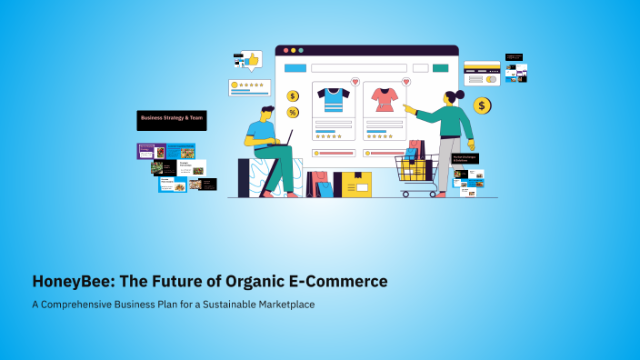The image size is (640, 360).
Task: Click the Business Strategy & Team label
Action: click(x=171, y=119)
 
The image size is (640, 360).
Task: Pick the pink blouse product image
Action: click(x=383, y=98)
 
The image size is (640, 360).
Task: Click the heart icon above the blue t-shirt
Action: click(x=355, y=82)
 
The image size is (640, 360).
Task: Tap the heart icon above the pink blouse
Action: click(x=405, y=82)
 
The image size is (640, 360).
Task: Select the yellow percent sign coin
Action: click(x=293, y=113)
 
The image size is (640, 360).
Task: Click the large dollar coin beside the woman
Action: click(x=482, y=106)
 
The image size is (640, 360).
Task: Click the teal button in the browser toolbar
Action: click(x=440, y=68)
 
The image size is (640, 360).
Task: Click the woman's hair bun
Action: click(x=460, y=94)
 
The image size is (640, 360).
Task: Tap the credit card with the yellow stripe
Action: click(x=481, y=68)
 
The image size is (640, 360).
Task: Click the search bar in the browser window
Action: click(x=358, y=68)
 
